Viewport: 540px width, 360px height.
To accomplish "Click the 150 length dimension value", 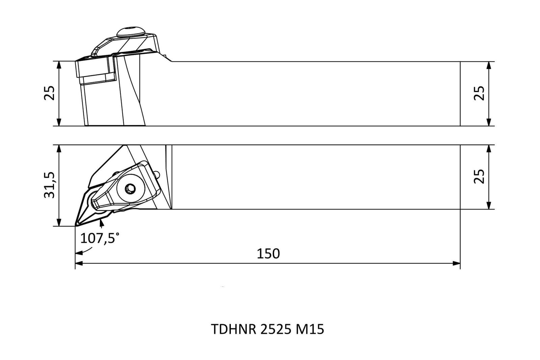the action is click(x=268, y=254).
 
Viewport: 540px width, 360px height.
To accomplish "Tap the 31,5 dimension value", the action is click(x=50, y=185).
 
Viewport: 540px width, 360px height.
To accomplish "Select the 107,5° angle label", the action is click(x=100, y=238).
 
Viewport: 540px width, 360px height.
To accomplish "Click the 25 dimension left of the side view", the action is click(x=49, y=93).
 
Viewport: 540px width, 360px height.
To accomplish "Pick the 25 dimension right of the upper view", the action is click(x=479, y=93).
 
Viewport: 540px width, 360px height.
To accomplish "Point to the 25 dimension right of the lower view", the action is click(x=479, y=177).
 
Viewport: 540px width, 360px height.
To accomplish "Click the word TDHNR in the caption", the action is click(x=234, y=329).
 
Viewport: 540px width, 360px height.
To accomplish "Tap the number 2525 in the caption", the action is click(x=276, y=329).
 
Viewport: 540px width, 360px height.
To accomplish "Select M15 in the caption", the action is click(x=310, y=329).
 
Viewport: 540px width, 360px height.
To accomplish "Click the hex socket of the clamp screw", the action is click(x=130, y=188).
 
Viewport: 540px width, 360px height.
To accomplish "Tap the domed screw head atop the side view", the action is click(x=131, y=32).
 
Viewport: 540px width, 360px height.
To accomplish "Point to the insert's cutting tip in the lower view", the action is click(x=76, y=225).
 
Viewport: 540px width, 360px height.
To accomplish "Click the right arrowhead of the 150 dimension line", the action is click(x=456, y=263).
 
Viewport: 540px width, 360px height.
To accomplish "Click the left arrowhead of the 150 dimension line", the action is click(x=79, y=263).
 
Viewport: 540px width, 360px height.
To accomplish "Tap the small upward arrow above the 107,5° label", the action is click(x=102, y=224).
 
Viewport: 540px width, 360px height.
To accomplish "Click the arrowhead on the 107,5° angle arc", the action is click(x=79, y=253).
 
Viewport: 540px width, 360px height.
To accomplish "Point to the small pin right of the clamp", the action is click(x=157, y=174).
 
